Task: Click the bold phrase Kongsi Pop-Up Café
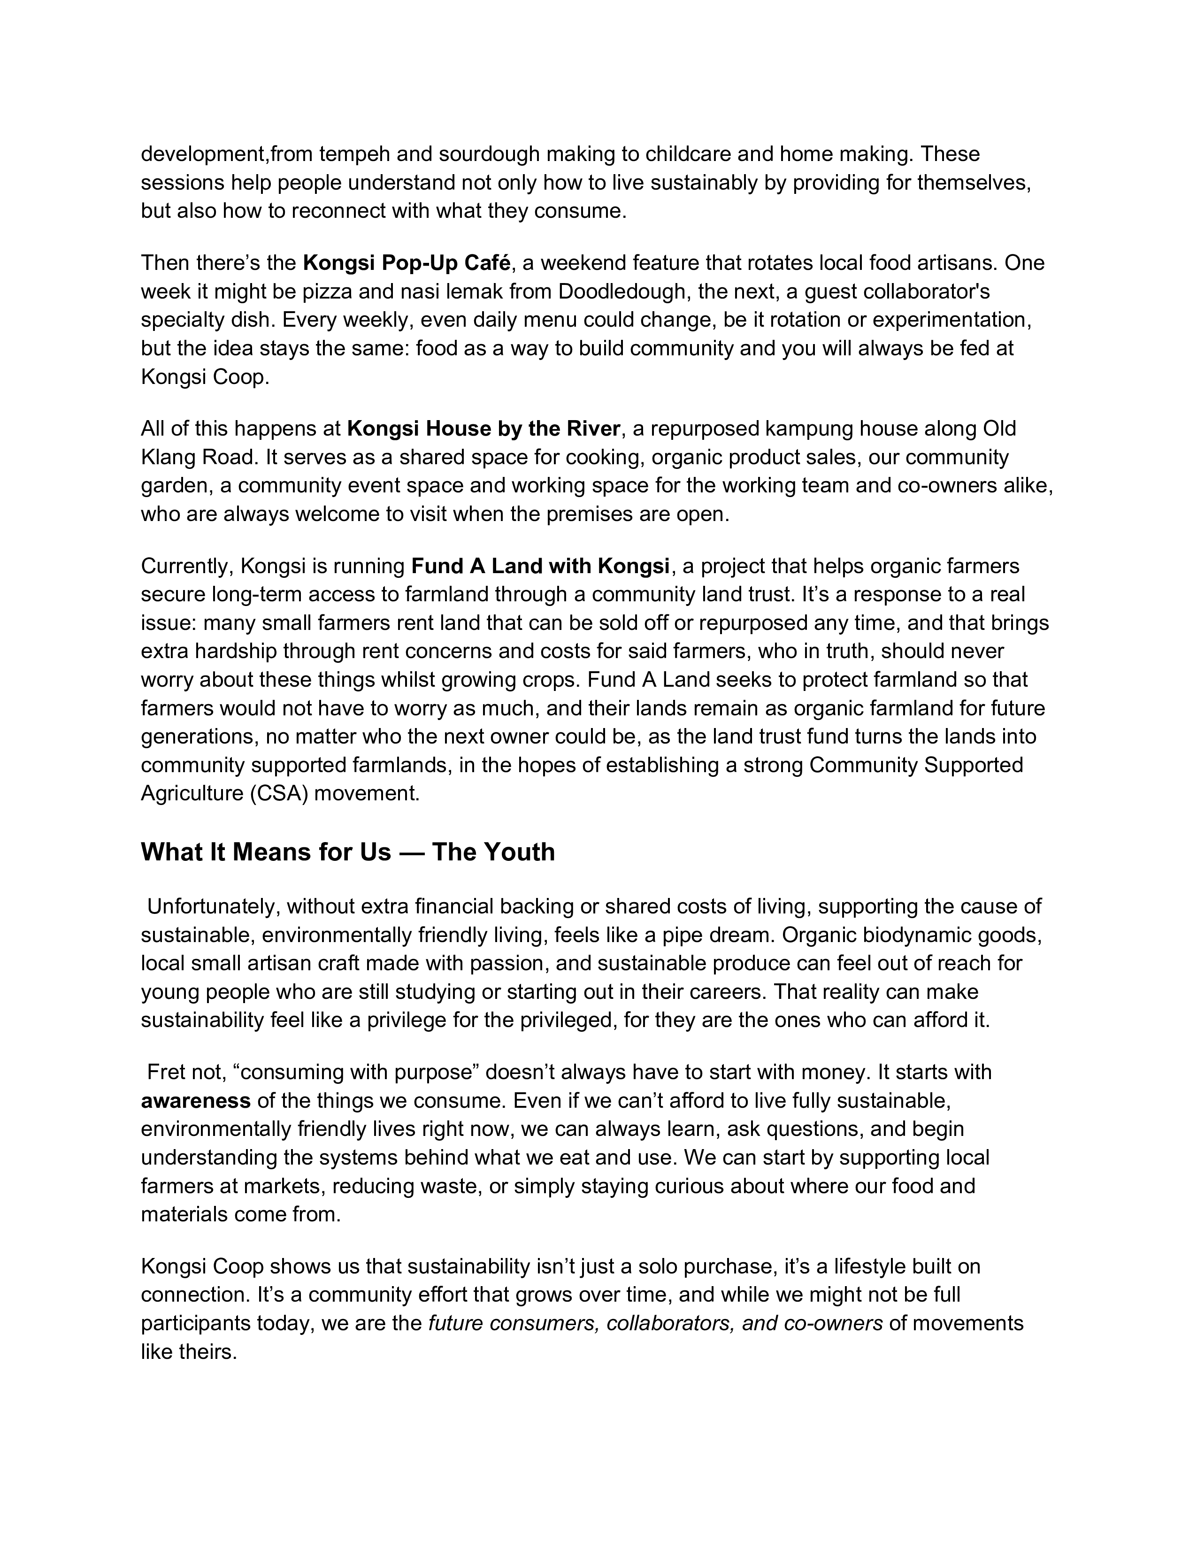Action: (x=407, y=263)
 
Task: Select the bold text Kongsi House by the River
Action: (x=483, y=429)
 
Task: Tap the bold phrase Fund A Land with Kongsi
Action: (x=540, y=566)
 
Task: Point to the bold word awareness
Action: (x=196, y=1100)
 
